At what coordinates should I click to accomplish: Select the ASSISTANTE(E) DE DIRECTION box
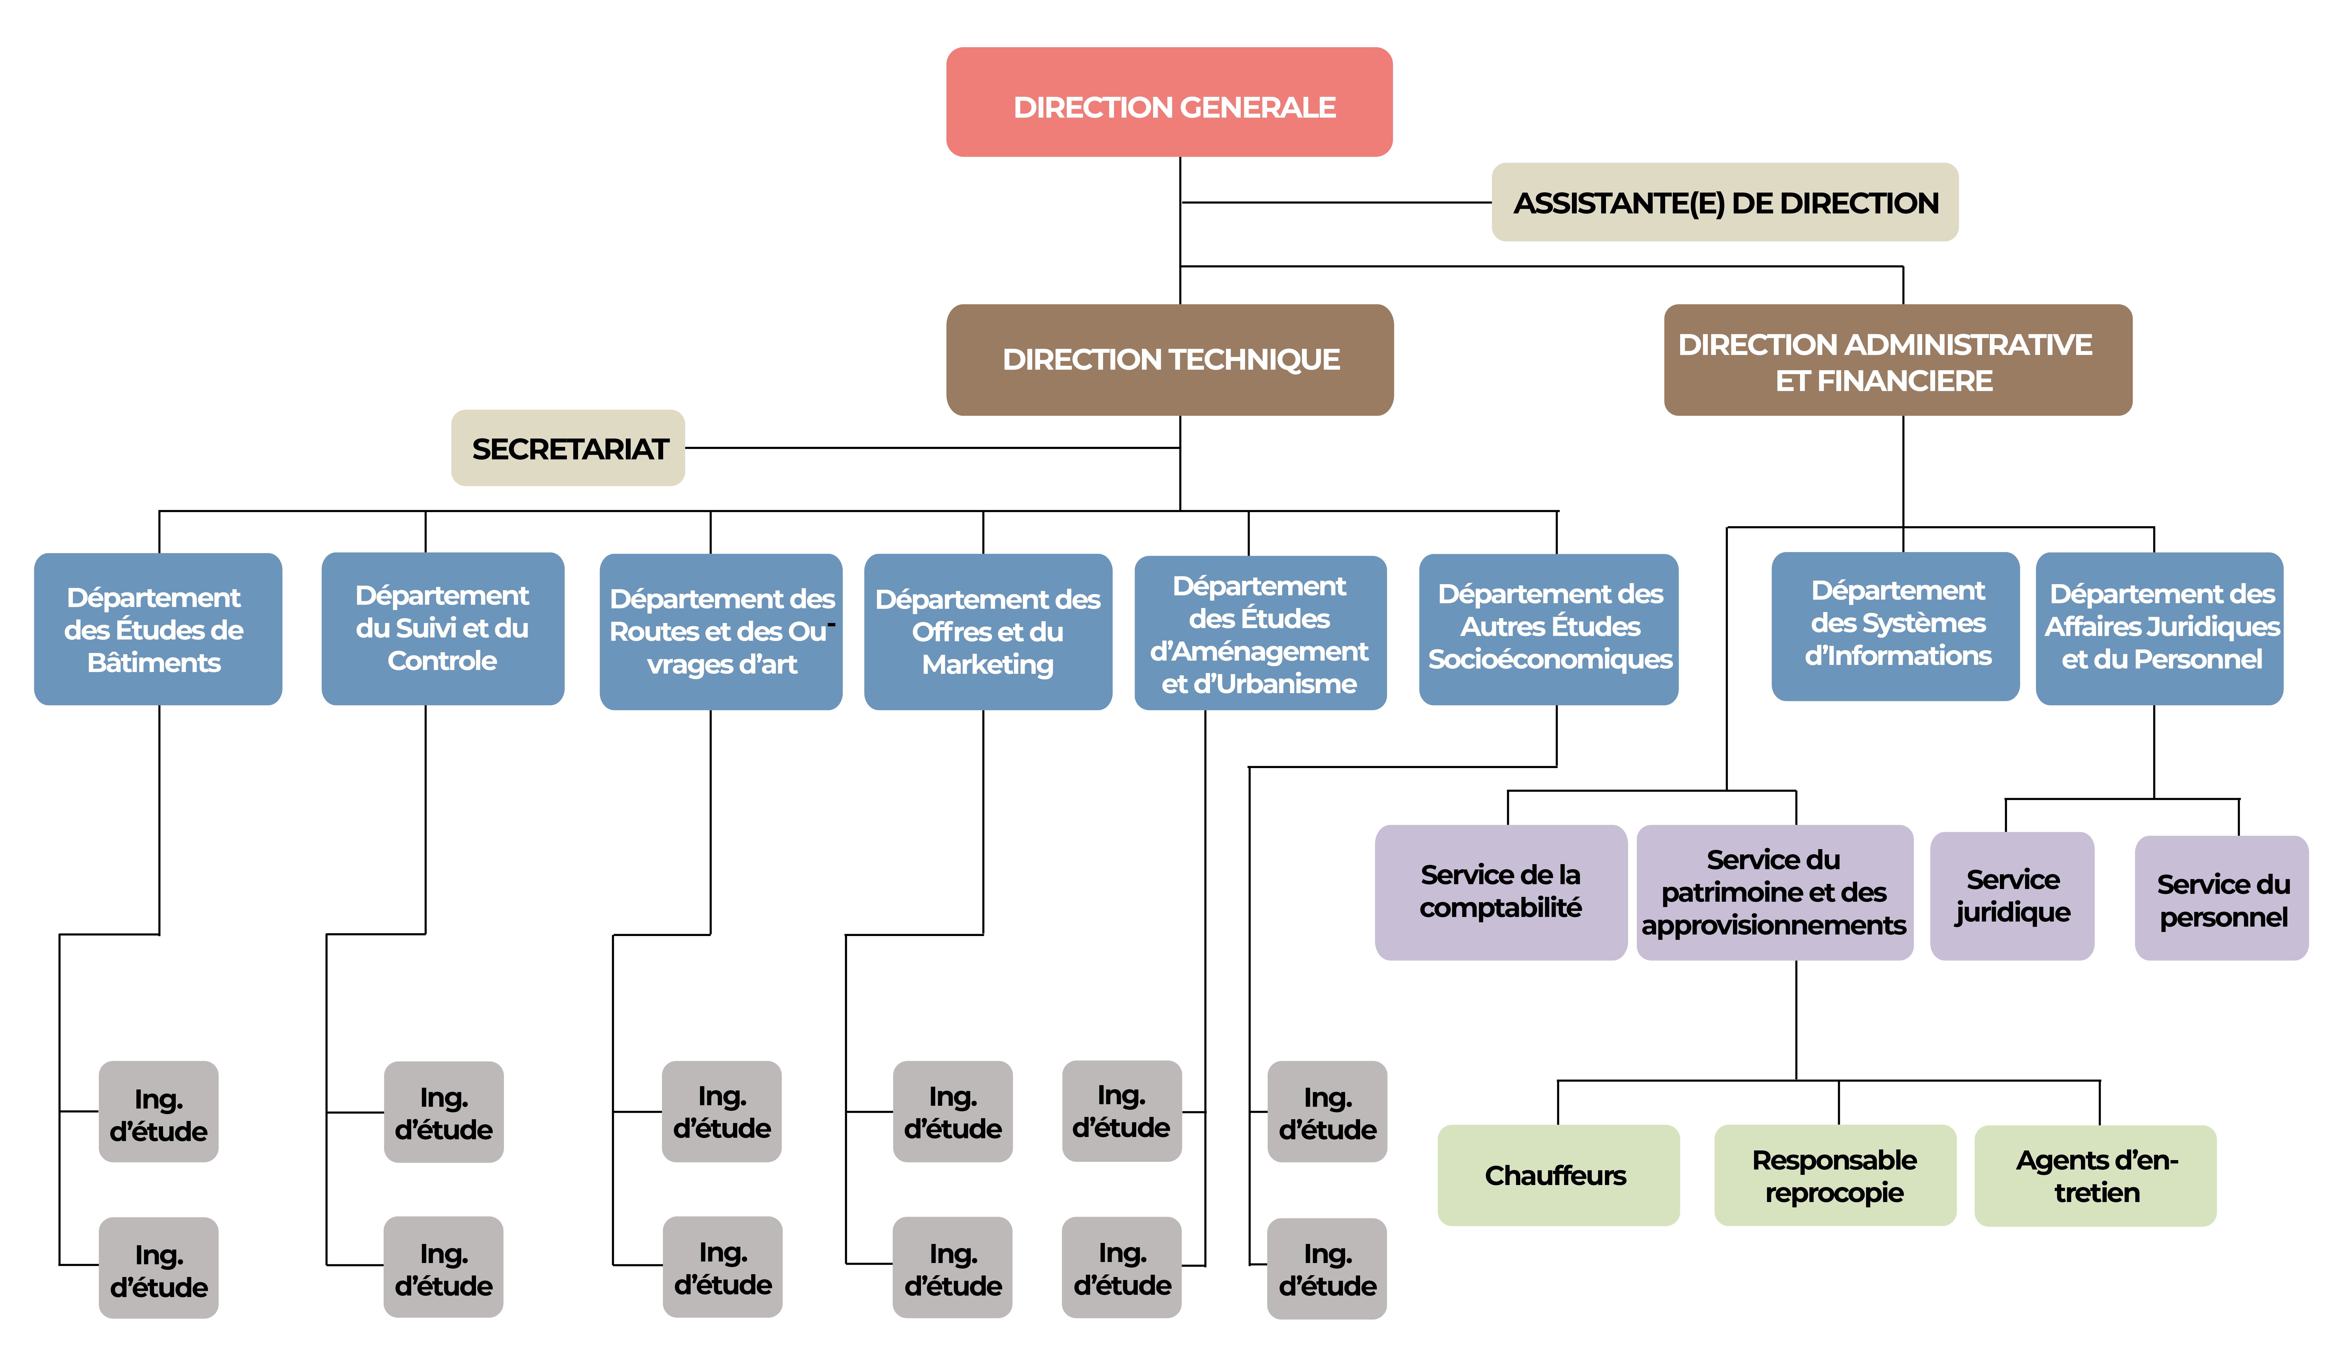[x=1724, y=202]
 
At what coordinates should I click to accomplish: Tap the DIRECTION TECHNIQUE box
[x=1170, y=360]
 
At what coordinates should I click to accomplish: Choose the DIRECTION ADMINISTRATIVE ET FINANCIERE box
[x=1897, y=360]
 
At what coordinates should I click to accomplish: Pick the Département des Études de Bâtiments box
[x=158, y=629]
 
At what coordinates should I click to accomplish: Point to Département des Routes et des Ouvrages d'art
[x=721, y=631]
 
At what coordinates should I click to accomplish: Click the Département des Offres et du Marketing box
[x=988, y=631]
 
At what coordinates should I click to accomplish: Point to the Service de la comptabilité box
[x=1500, y=891]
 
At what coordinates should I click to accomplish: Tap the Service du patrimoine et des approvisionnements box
[x=1773, y=891]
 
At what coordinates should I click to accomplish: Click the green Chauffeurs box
[x=1558, y=1175]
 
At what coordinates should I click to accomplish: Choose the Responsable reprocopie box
[x=1835, y=1175]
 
